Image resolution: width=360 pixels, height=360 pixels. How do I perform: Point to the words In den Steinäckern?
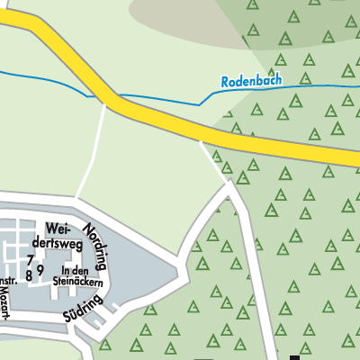82,275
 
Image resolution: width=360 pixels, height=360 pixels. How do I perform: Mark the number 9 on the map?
40,269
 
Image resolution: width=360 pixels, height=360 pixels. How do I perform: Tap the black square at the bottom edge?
293,356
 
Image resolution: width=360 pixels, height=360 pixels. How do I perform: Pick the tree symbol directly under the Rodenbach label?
257,109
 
